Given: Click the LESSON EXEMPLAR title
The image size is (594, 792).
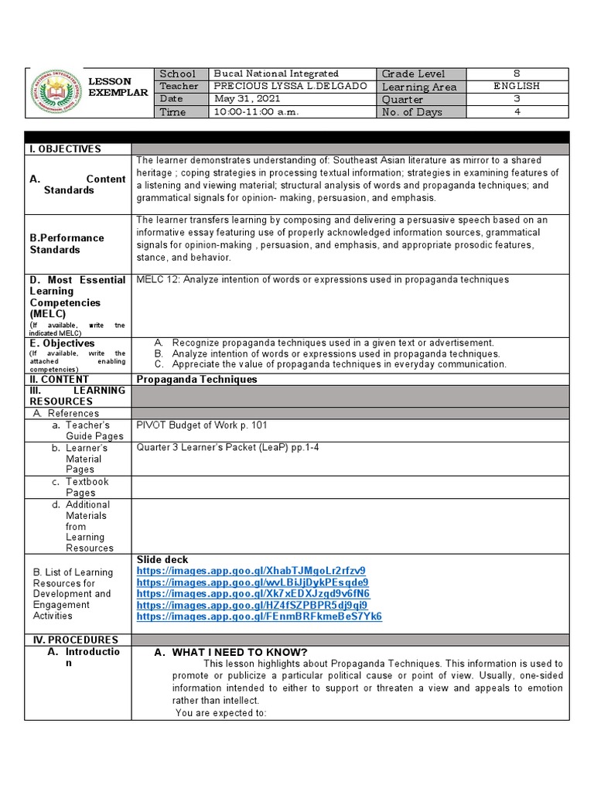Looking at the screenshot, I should [118, 87].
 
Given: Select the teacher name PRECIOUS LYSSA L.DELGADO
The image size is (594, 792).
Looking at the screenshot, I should [278, 86].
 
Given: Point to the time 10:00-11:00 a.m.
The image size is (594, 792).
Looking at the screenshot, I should [256, 112].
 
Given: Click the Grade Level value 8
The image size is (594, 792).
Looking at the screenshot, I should [517, 73].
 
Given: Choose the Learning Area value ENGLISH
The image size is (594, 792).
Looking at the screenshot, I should [517, 86].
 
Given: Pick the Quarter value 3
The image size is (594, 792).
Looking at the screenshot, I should [517, 99].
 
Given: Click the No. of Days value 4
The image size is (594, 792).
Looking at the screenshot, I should [517, 112].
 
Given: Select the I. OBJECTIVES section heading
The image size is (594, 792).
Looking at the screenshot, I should [66, 148].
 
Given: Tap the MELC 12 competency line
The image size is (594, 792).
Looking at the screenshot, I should [323, 279].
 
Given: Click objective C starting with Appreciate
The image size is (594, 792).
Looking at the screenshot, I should [339, 364].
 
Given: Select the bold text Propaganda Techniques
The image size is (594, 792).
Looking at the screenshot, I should [196, 379].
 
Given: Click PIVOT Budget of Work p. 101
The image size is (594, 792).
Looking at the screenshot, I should [202, 425].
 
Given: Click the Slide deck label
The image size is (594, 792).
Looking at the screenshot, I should [162, 559].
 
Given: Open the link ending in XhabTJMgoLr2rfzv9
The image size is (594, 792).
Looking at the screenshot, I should [251, 571].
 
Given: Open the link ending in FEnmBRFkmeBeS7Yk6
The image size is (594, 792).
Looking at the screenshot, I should [259, 616].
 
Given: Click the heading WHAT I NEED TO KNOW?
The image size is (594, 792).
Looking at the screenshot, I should [239, 652].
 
